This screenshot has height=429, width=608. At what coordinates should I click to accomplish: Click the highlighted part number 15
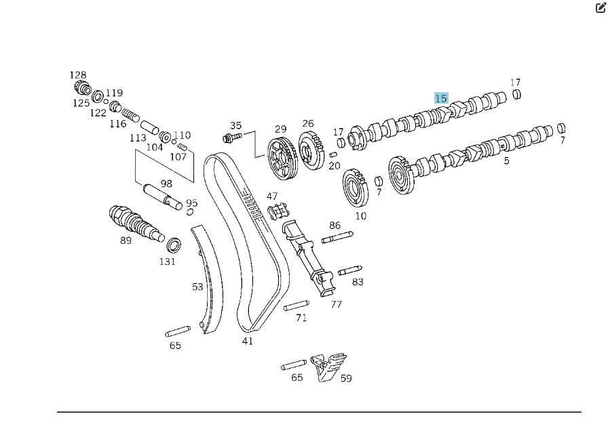pos(441,98)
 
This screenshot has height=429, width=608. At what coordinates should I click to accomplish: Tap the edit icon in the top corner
pos(600,8)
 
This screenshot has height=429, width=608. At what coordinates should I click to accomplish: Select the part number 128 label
pos(78,75)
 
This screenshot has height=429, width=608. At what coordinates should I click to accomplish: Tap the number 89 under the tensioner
pos(126,241)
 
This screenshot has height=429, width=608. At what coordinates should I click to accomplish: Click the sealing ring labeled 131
pos(174,245)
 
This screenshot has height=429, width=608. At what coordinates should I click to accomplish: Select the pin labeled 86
pos(337,237)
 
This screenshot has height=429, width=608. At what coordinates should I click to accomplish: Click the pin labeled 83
pos(349,270)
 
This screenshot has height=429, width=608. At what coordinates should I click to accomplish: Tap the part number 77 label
pos(337,305)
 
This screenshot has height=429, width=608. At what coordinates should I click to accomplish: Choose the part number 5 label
pos(506,161)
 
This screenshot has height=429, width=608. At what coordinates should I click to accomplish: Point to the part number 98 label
pos(166,184)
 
